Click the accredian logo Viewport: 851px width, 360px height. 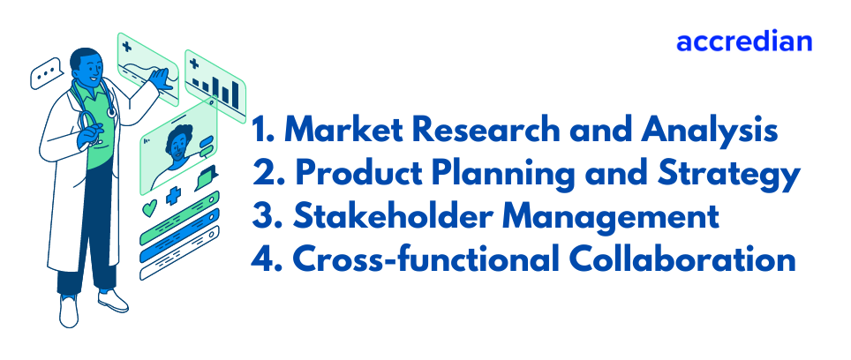coord(743,41)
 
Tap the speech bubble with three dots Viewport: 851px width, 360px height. coord(45,76)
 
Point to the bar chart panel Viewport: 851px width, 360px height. coord(215,85)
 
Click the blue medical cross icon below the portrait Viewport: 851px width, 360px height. coord(175,197)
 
